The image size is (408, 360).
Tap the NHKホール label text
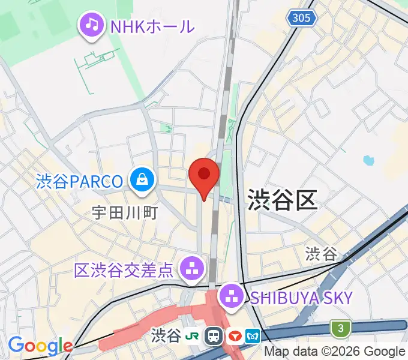(152, 26)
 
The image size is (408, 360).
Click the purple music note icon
(91, 25)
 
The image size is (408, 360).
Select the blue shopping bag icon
(143, 180)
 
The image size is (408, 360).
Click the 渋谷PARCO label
(79, 180)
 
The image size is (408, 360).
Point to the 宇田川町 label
(124, 212)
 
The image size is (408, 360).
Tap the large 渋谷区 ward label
(281, 198)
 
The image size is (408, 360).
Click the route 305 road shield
(301, 18)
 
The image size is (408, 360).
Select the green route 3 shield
(340, 328)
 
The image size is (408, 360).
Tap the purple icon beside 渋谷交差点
(193, 268)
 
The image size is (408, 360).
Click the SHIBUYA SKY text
(301, 296)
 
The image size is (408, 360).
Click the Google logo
(40, 346)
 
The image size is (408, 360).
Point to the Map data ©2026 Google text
(335, 352)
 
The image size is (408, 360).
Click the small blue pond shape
(368, 161)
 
